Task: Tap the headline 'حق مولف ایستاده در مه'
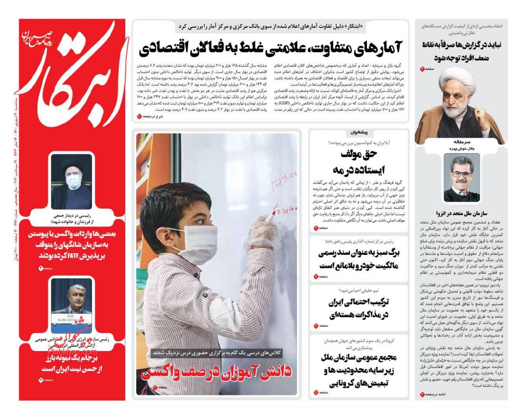(359, 162)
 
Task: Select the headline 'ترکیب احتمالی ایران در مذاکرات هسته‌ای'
(359, 308)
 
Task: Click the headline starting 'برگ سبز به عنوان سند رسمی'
(359, 259)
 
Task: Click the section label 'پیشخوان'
(359, 132)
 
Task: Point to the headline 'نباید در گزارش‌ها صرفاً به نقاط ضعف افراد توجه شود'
(461, 52)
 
